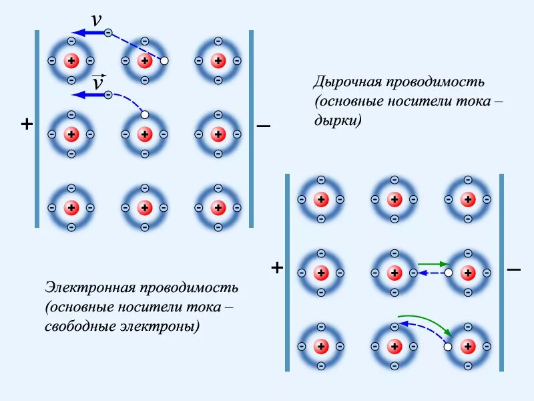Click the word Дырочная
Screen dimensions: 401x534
coord(345,82)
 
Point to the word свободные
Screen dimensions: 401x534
coord(75,327)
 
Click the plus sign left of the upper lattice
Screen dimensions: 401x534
coord(27,124)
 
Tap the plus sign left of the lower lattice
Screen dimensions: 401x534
coord(277,268)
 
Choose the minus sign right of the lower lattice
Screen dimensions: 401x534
coord(513,269)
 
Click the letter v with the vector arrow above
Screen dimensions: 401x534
coord(98,83)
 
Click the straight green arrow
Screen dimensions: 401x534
coord(432,264)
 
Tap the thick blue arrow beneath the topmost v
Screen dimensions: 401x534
coord(87,32)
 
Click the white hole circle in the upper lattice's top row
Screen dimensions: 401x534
coord(164,61)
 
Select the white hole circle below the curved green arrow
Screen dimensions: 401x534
coord(448,347)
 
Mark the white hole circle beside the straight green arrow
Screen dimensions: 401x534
coord(449,273)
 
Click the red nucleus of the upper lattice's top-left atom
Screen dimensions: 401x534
coord(71,61)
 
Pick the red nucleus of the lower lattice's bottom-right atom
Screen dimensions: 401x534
coord(468,347)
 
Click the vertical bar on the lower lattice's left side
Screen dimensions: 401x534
coord(288,272)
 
